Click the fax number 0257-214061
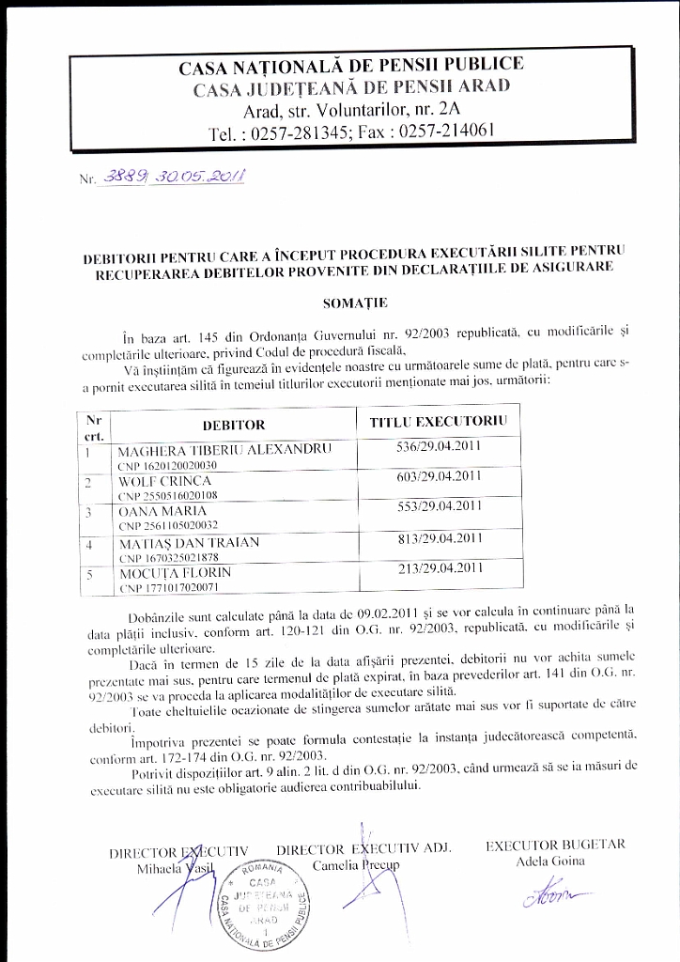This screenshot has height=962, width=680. [x=447, y=132]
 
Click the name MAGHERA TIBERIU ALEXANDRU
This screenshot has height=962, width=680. [x=224, y=449]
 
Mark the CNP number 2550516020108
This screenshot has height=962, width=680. [x=167, y=495]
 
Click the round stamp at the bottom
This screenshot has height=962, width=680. [x=271, y=905]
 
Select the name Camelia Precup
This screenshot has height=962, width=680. [x=355, y=863]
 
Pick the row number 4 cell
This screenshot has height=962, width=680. [x=88, y=544]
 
